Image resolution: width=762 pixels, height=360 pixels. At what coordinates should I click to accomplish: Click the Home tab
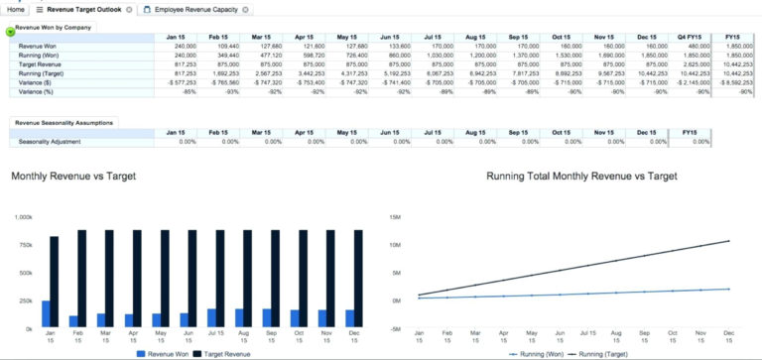tap(14, 9)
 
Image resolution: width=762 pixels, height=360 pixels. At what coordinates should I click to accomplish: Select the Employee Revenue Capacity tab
tap(193, 9)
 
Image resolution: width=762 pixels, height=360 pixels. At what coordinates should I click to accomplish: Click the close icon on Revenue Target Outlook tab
tap(130, 9)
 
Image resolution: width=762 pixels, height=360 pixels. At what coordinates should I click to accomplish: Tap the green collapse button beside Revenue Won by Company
tap(10, 31)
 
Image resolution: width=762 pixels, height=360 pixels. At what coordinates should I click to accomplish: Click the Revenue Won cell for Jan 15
tap(185, 47)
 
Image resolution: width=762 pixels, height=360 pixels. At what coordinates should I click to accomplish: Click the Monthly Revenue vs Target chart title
tap(73, 176)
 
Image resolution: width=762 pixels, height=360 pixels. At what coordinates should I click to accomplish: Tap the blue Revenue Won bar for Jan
tap(46, 313)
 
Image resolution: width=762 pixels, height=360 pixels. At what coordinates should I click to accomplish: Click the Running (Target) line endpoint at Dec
tap(730, 241)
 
